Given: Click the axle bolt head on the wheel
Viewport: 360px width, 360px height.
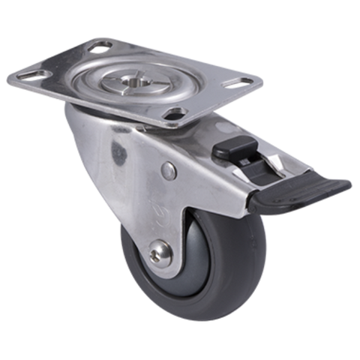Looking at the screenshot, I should click(160, 252).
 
